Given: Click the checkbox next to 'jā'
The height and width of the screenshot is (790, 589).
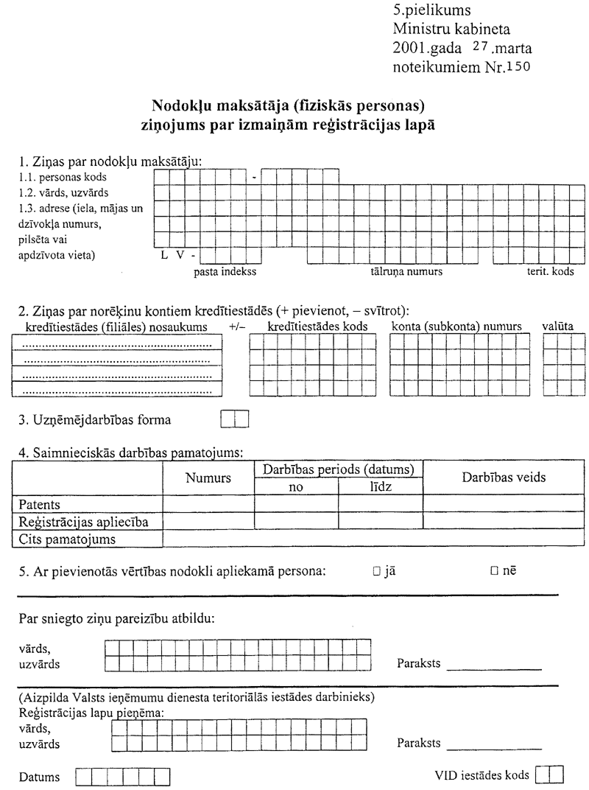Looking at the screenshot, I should [x=376, y=570].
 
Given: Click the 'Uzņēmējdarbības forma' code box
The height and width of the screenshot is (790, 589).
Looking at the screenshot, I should [x=236, y=420].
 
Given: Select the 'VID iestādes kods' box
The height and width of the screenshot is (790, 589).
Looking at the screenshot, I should [x=550, y=775].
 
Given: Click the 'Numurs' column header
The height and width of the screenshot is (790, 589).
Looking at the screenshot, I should [x=208, y=478].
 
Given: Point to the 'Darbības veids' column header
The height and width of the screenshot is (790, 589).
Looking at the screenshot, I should [x=504, y=477].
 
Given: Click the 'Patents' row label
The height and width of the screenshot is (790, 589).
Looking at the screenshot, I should [x=35, y=505].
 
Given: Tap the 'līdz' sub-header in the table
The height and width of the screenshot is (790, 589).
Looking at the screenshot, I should [x=380, y=487].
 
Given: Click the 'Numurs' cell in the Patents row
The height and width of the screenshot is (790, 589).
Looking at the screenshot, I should [x=208, y=505].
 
